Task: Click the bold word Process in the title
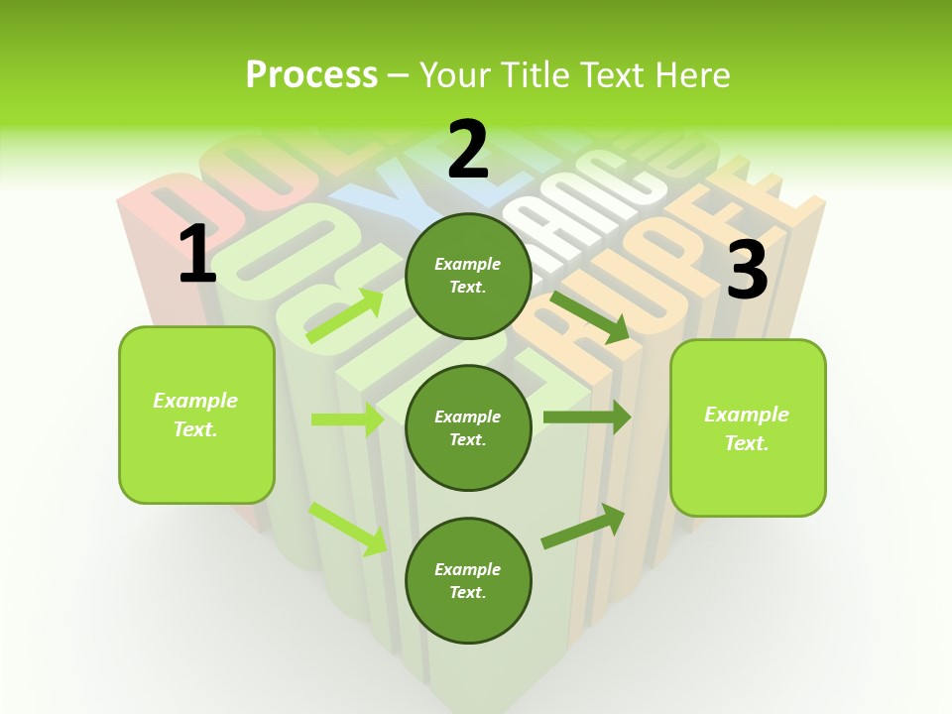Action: (x=311, y=75)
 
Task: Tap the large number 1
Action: (x=197, y=254)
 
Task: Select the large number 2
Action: (x=468, y=150)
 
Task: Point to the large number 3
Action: (x=747, y=271)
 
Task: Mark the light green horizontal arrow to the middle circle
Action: (x=347, y=419)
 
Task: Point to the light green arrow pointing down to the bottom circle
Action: (x=348, y=529)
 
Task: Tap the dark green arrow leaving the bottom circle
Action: (x=583, y=527)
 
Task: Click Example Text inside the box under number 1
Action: (x=195, y=415)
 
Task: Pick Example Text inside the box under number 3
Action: (x=747, y=428)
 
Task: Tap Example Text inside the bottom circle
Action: (x=468, y=580)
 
